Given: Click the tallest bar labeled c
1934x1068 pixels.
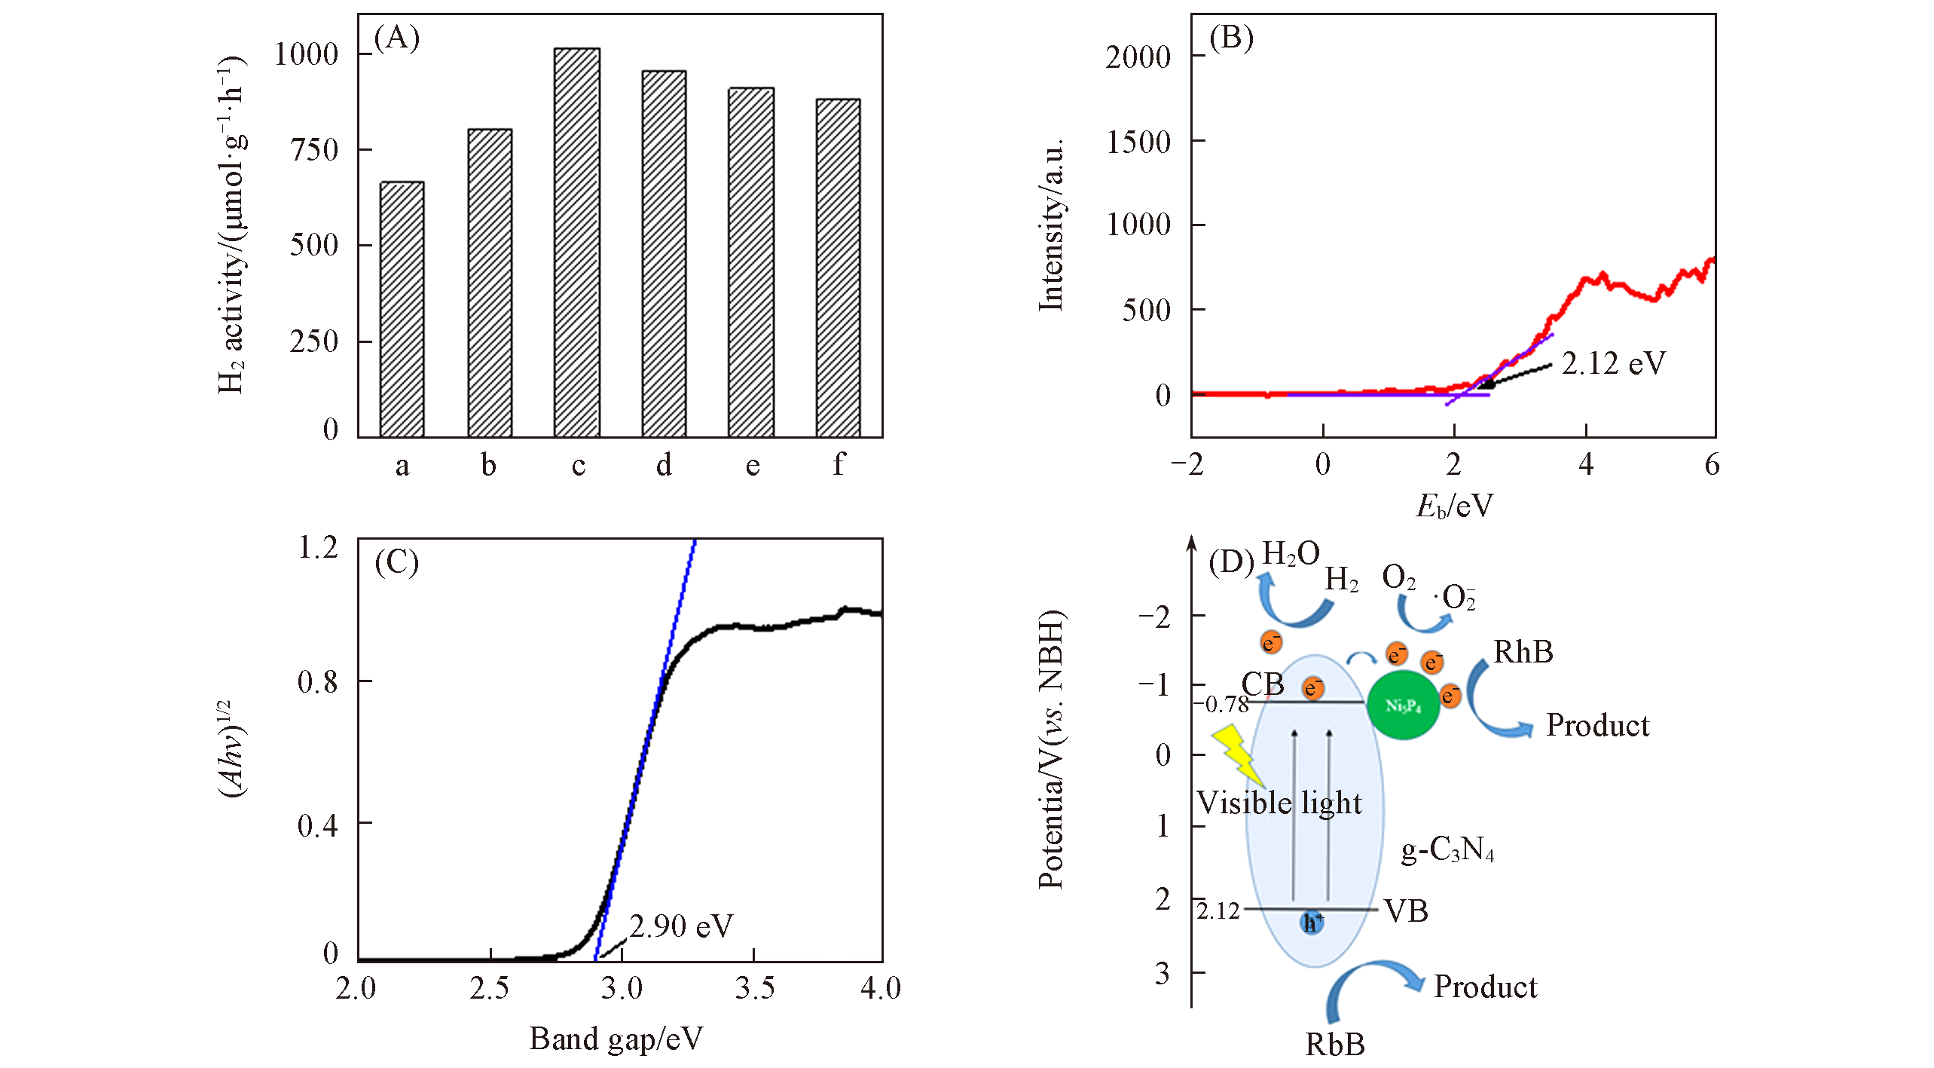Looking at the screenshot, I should (x=576, y=243).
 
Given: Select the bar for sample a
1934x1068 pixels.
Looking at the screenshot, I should (x=402, y=309).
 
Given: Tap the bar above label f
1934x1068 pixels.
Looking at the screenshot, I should (x=838, y=268).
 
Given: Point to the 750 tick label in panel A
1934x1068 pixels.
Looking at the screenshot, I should (x=314, y=149).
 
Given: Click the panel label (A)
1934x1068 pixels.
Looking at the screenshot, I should (x=396, y=38).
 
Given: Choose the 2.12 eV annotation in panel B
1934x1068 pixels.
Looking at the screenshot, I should (x=1613, y=364).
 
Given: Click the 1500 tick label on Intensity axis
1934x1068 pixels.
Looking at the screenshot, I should (x=1138, y=142).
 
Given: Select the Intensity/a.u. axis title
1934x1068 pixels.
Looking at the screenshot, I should (x=1052, y=224).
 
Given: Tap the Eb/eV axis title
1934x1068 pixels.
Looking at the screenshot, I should (x=1453, y=506).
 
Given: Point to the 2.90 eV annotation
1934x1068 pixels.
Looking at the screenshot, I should (x=680, y=926).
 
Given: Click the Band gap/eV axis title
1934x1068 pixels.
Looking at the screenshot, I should (x=616, y=1039).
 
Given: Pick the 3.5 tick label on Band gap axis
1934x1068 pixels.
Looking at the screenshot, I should (x=754, y=988).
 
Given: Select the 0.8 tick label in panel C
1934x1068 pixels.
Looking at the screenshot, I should (x=317, y=682).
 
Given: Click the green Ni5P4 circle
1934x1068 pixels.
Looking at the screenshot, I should (x=1403, y=705).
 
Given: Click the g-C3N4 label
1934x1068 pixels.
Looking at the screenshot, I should (x=1447, y=850).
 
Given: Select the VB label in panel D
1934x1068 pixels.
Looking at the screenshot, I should (x=1406, y=911).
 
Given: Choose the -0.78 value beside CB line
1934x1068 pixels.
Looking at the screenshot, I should (x=1221, y=704).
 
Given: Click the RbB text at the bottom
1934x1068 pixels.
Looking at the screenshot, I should (x=1334, y=1044).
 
